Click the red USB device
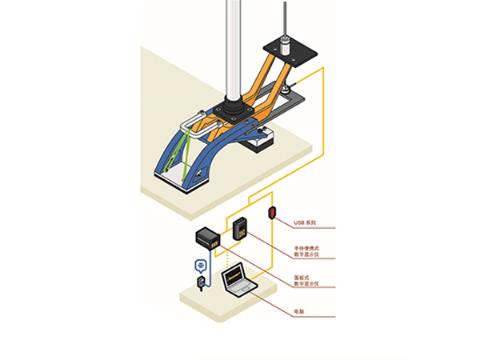272,213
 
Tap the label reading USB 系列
305,223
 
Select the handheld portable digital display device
240,229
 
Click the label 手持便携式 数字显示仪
306,251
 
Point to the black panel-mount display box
208,237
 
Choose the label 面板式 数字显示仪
306,281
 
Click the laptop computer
239,280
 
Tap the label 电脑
299,312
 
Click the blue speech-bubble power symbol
201,266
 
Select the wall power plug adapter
201,283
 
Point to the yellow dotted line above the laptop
227,259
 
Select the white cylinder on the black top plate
286,46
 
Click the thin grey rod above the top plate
285,19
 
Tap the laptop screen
234,277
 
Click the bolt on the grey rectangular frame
286,89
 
